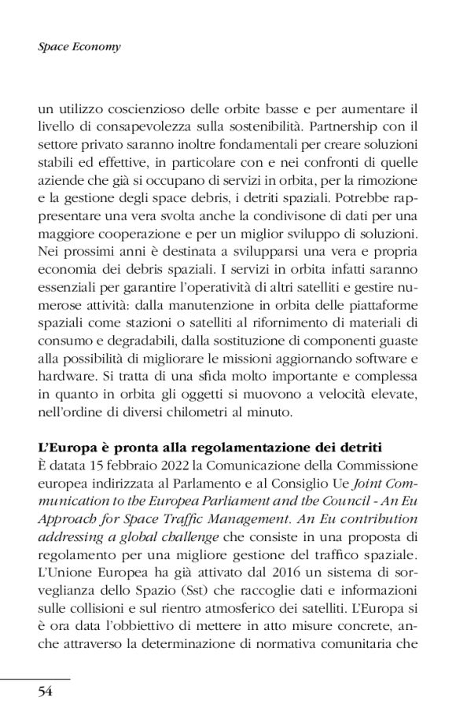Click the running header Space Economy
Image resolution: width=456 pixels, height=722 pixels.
click(79, 46)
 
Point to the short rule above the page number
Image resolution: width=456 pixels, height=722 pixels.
click(35, 678)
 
